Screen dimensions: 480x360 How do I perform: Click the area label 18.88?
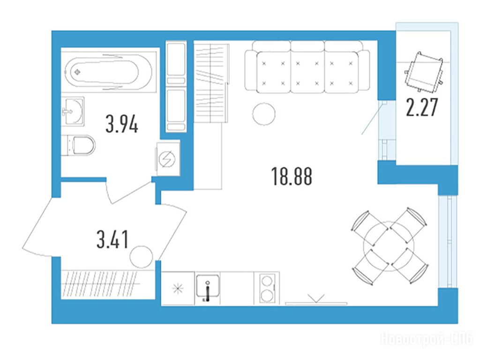point(292,177)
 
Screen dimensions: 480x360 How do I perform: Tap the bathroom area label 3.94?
point(122,124)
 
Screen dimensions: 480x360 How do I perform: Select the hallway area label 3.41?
point(112,240)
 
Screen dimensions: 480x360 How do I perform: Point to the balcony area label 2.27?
point(422,107)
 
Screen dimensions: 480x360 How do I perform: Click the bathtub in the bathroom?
point(108,72)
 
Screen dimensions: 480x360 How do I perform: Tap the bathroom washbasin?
point(73,111)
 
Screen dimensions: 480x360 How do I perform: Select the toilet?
point(78,145)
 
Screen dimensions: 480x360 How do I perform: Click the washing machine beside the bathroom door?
point(168,158)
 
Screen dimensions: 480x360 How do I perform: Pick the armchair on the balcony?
point(424,73)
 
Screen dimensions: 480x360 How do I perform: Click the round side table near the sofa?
point(263,113)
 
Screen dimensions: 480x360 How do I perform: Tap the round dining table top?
point(389,247)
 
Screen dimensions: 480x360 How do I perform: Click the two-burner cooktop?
point(267,289)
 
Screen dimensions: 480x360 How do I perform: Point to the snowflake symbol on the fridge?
point(178,289)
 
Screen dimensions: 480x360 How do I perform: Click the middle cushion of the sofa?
point(307,72)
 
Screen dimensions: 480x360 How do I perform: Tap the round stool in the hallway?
point(141,257)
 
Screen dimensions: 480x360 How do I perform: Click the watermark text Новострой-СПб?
point(427,339)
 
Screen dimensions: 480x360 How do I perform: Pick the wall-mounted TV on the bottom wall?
point(316,303)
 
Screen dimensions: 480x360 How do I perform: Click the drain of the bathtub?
point(77,72)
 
